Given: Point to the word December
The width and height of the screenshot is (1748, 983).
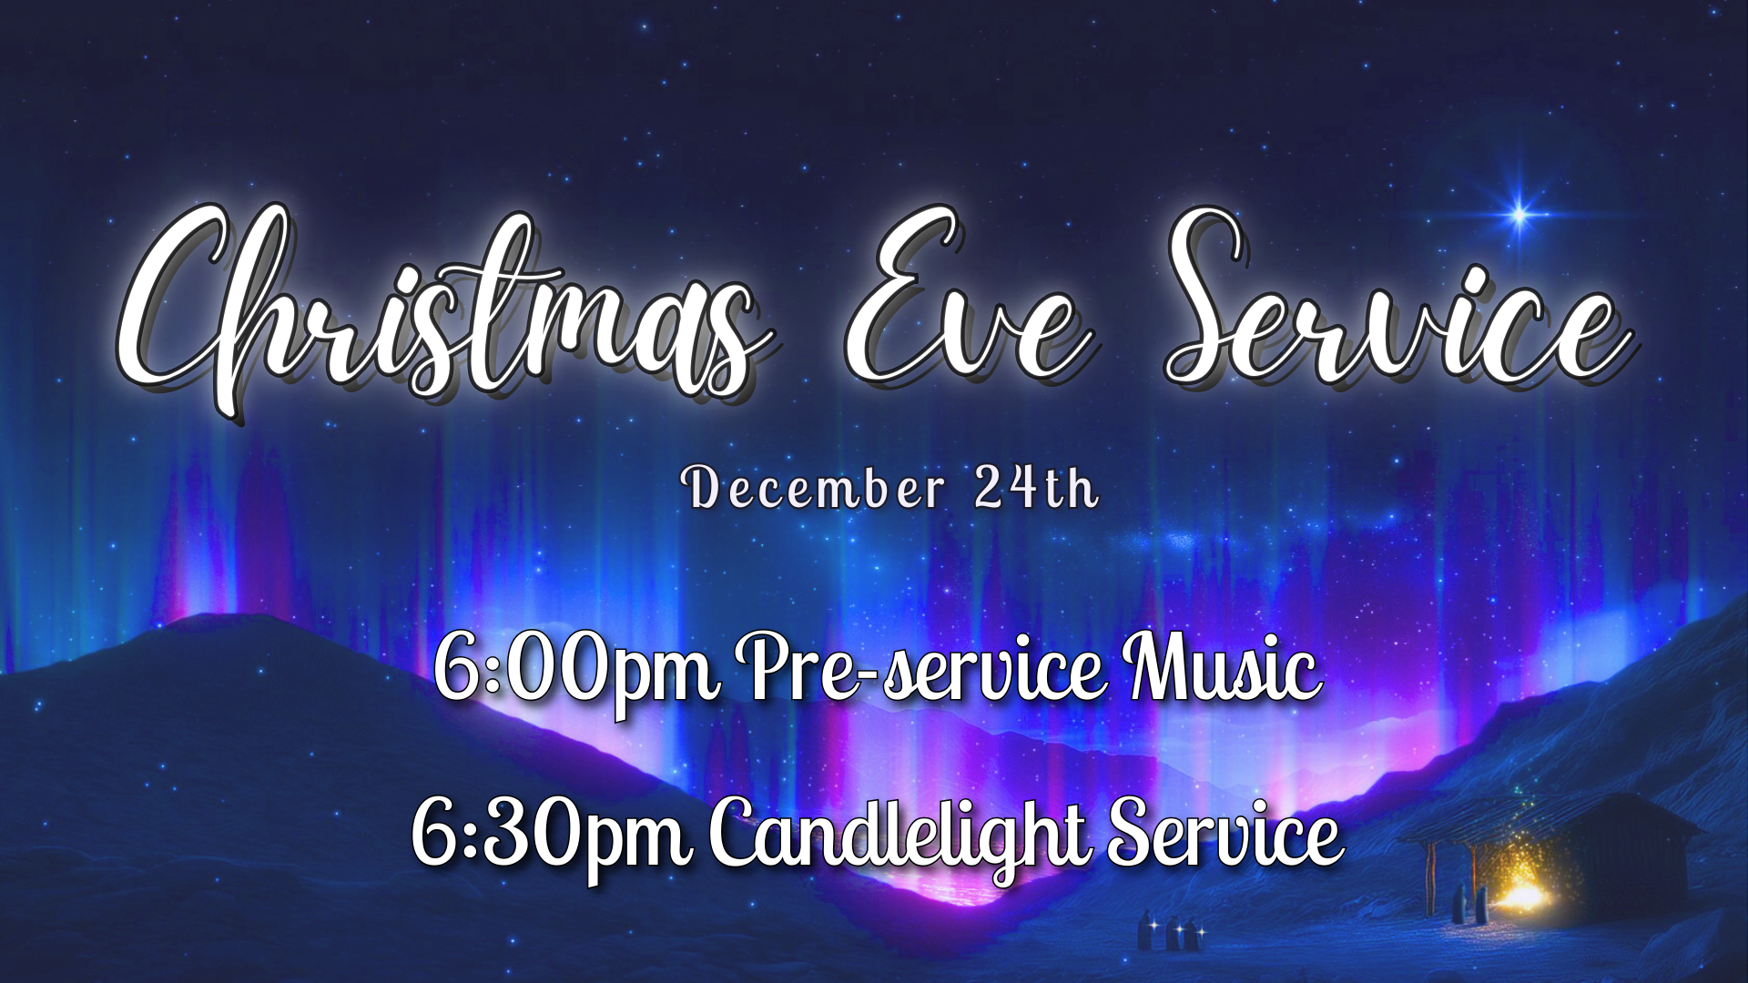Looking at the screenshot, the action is coord(816,489).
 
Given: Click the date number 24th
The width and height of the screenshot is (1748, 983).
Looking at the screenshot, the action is coord(1036,487).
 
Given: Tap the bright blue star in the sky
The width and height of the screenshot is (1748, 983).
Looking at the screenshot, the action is coord(1519,215).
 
